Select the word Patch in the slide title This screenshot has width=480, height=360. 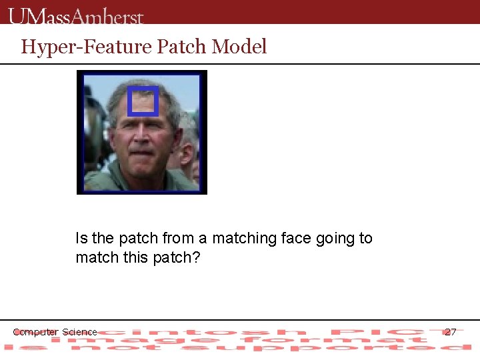tap(181, 47)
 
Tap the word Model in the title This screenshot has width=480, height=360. tap(239, 47)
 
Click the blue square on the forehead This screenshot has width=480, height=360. tap(143, 101)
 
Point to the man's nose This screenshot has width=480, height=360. tap(142, 138)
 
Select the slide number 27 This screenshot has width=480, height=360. tap(451, 331)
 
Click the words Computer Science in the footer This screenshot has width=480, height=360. tap(55, 332)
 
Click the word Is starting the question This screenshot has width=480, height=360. tap(81, 238)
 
